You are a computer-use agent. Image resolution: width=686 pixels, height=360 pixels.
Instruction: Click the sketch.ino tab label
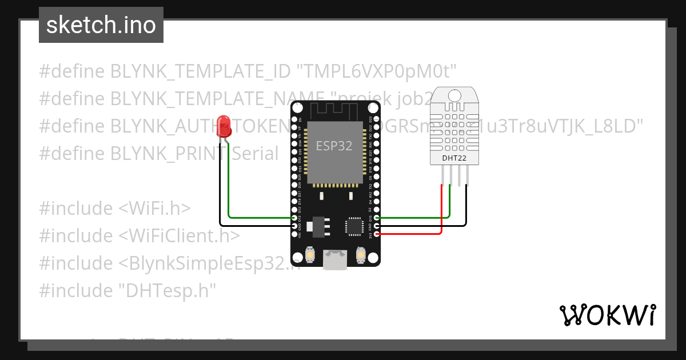point(101,25)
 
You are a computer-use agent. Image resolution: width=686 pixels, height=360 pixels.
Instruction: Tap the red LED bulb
point(224,125)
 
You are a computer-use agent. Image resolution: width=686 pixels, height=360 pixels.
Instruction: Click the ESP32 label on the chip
point(334,146)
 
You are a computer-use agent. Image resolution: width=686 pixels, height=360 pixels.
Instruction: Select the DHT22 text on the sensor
point(454,158)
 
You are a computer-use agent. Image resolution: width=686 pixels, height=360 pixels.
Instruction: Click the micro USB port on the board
point(335,260)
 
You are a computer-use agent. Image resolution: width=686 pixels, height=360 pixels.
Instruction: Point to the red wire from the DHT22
point(441,211)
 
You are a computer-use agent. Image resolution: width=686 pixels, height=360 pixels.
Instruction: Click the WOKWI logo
point(607,315)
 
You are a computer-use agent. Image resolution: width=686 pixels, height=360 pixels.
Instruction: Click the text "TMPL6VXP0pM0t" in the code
point(377,71)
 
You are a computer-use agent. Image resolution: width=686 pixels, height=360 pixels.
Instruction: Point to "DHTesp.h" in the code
point(167,291)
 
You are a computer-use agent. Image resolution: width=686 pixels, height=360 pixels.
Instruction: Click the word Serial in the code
point(255,154)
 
